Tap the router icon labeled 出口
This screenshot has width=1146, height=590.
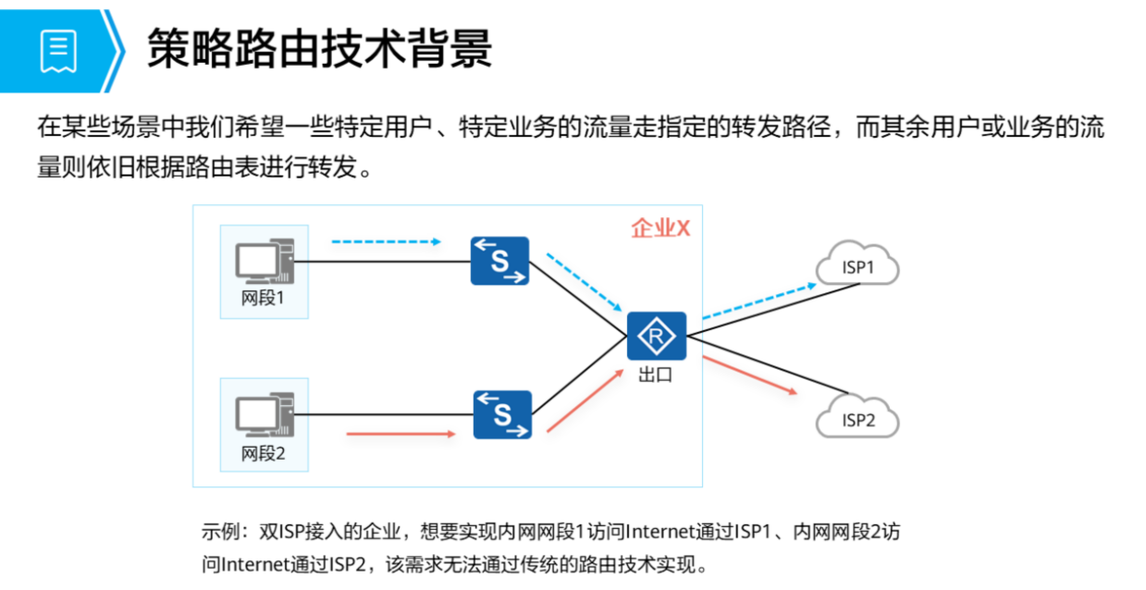(x=656, y=337)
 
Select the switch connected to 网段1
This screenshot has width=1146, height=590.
(x=499, y=261)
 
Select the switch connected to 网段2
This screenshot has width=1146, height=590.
(x=502, y=414)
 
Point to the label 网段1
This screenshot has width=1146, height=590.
(x=264, y=300)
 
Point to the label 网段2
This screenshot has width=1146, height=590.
(x=264, y=453)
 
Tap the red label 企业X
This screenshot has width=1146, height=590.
(x=660, y=228)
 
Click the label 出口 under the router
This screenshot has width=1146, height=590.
(x=656, y=375)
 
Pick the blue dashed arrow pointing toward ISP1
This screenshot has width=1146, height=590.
(x=758, y=301)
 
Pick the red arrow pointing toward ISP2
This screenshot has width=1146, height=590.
(x=750, y=375)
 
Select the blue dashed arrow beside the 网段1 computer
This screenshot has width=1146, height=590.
(x=386, y=242)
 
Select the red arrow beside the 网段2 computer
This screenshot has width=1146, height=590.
(x=400, y=433)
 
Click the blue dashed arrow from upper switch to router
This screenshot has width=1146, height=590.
(x=581, y=281)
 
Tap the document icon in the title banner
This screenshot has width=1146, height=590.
(x=58, y=50)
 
